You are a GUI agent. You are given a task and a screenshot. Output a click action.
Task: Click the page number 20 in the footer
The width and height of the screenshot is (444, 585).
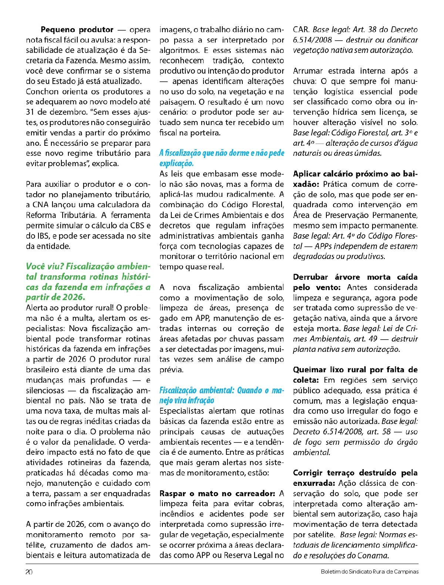(x=29, y=572)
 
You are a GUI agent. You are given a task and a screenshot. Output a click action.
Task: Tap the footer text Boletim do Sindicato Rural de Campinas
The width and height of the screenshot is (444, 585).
(x=370, y=572)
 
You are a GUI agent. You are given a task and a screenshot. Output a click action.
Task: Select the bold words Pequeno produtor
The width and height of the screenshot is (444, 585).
(x=77, y=30)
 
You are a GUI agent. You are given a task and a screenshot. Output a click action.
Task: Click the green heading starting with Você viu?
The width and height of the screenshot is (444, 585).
(x=88, y=282)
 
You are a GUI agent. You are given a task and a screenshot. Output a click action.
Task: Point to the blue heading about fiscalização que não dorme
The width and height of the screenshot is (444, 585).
(x=222, y=158)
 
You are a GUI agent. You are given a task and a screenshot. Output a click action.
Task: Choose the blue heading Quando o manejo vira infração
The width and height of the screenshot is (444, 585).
(x=222, y=395)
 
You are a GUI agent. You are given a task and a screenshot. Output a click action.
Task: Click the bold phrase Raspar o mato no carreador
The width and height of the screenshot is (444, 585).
(x=218, y=493)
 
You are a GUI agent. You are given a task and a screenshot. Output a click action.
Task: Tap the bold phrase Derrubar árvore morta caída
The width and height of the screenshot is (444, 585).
(x=355, y=277)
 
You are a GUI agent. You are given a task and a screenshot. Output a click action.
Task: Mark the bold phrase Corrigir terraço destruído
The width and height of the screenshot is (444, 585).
(x=355, y=473)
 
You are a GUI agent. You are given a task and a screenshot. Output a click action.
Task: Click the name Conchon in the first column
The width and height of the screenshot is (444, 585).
(x=42, y=91)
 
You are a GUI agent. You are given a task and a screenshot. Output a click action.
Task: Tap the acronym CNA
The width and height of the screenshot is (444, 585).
(x=41, y=205)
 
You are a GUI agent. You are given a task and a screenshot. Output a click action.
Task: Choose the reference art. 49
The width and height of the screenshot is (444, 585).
(x=370, y=339)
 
